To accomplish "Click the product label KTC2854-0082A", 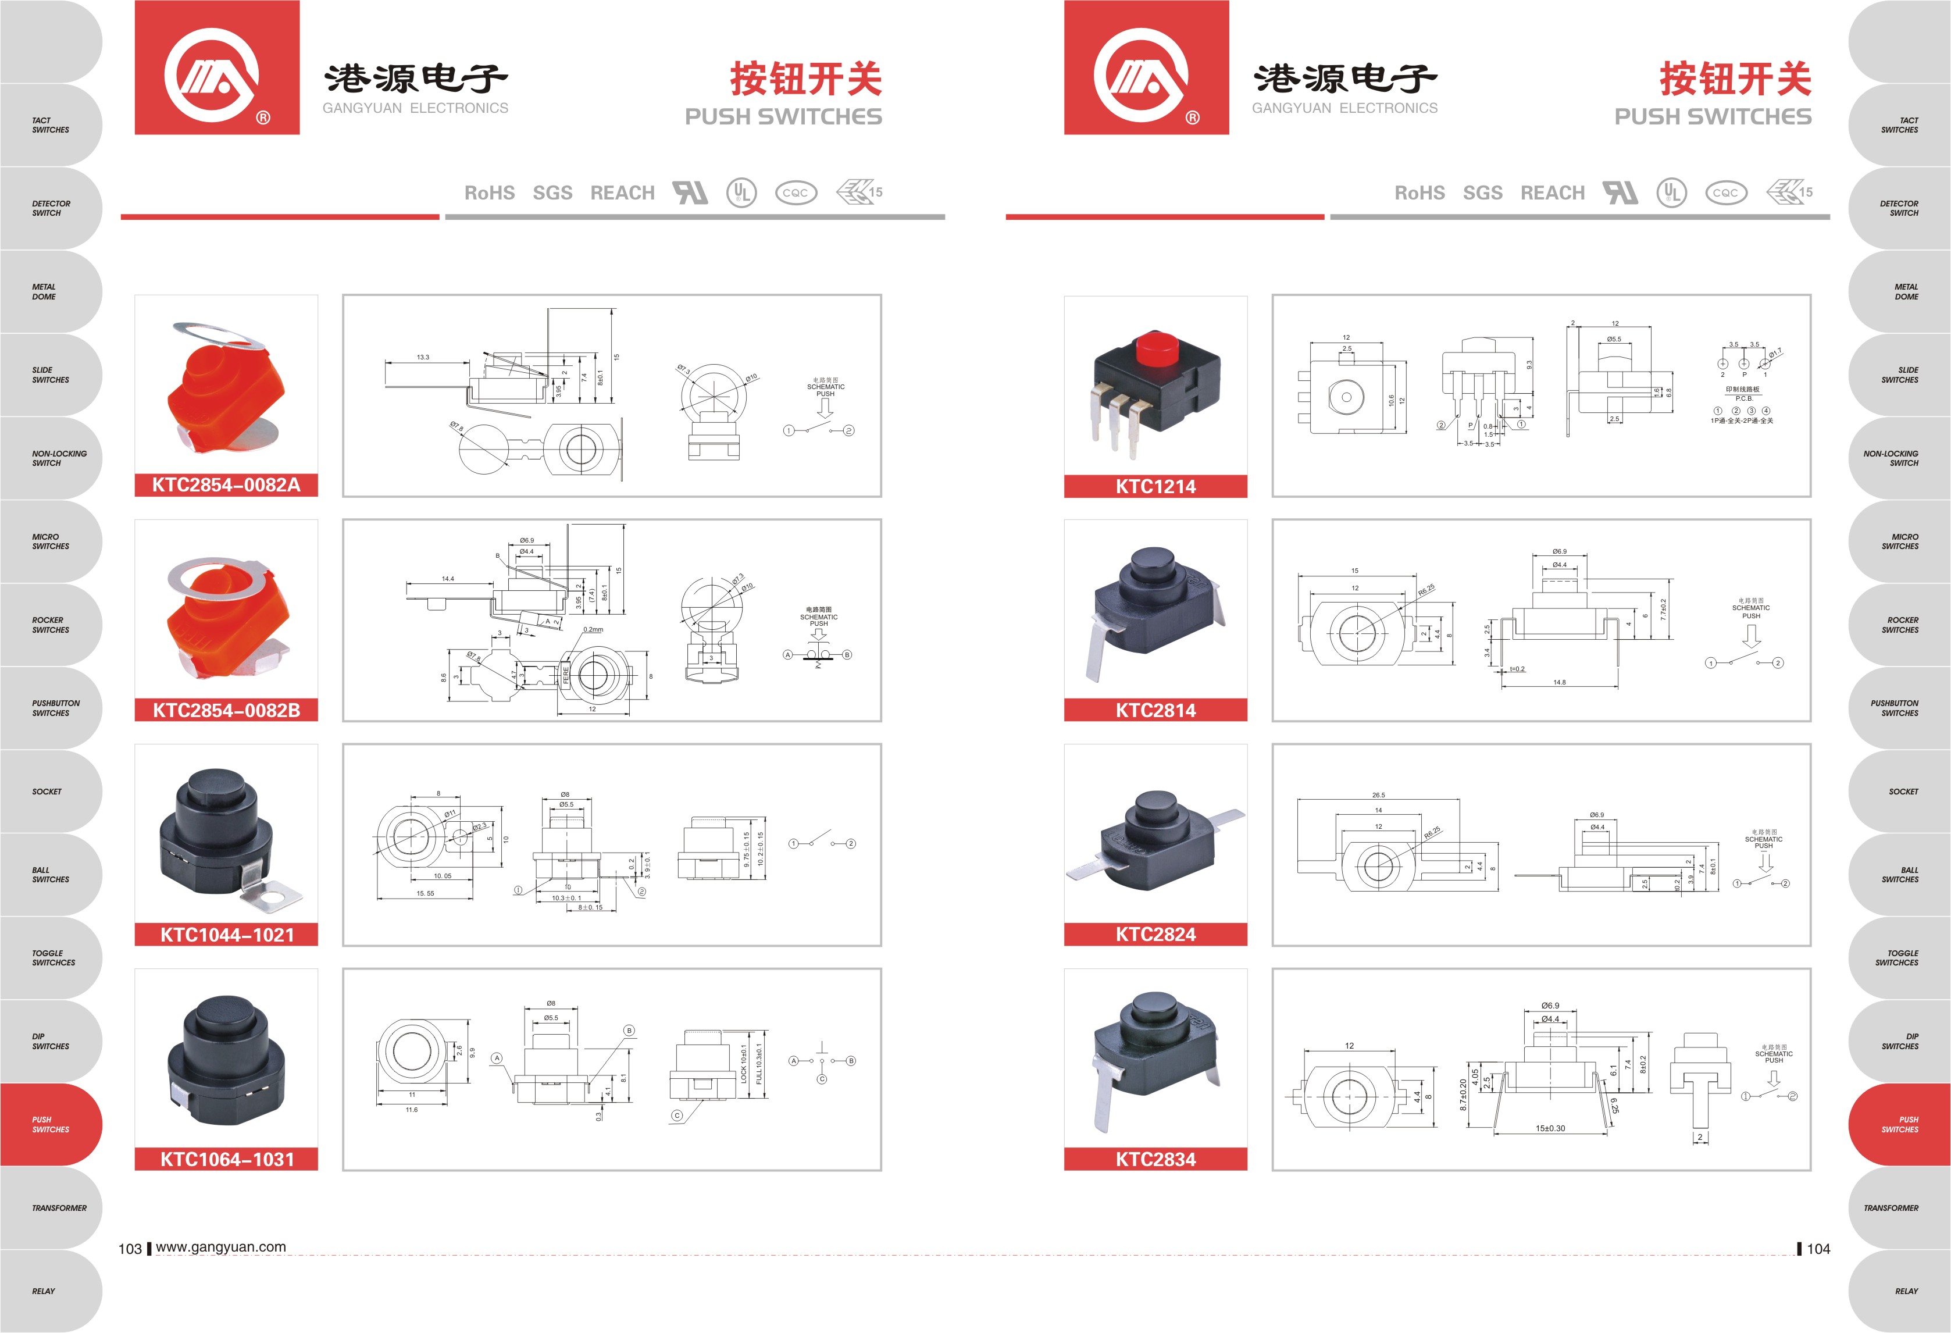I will (x=226, y=484).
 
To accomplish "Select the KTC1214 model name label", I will (x=1155, y=486).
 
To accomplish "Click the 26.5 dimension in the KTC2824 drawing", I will (x=1378, y=794).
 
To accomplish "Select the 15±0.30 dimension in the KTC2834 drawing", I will (x=1550, y=1128).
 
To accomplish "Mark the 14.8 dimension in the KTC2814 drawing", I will (x=1559, y=682).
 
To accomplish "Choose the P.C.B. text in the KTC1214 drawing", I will (x=1743, y=398).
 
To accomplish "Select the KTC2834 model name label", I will (x=1155, y=1159).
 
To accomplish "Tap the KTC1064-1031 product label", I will (x=227, y=1159).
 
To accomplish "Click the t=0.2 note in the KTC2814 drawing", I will (x=1517, y=669).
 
